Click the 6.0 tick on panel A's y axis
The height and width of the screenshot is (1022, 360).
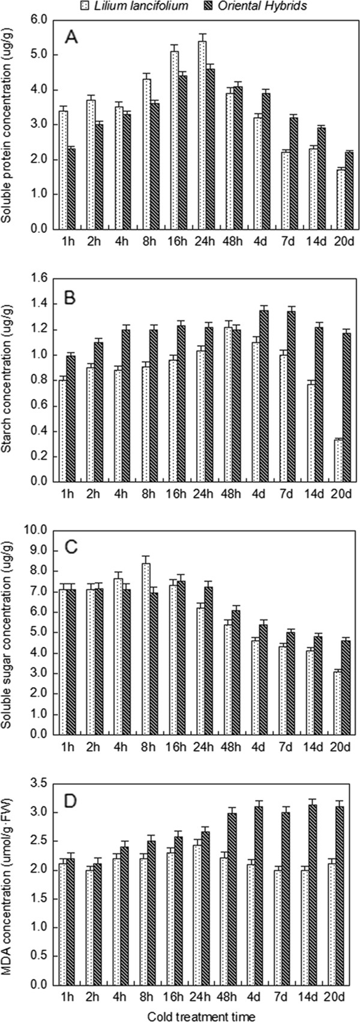click(40, 20)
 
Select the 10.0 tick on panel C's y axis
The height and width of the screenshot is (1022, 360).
click(37, 530)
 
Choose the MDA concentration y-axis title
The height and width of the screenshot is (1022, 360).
click(7, 876)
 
